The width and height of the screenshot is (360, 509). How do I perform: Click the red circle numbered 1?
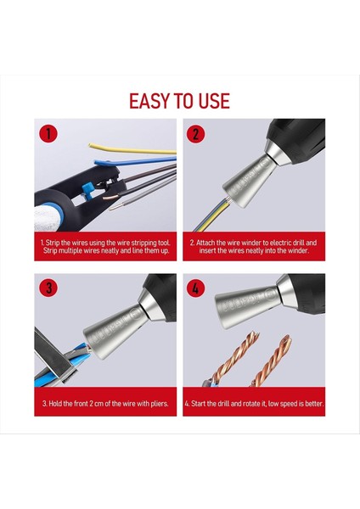tap(48, 134)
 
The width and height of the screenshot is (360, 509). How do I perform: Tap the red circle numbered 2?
tap(195, 134)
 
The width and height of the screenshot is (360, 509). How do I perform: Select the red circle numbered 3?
tap(48, 288)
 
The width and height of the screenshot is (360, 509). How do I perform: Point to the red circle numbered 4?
tap(195, 288)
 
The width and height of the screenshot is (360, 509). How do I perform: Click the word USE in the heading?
tap(214, 101)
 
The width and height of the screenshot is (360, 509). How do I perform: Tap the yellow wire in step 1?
tap(132, 149)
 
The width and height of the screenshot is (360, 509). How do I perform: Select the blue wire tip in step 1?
tap(98, 162)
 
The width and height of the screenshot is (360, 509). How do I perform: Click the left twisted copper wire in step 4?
tap(235, 358)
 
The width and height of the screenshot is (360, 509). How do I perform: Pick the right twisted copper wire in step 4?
tap(273, 361)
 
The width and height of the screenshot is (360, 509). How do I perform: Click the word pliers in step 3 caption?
tap(160, 404)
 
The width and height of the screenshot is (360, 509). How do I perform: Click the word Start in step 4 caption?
tap(200, 404)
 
